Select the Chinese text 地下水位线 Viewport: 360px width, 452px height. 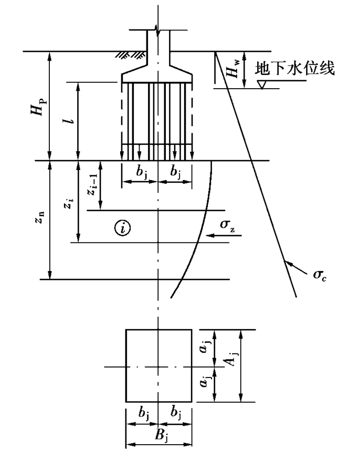point(294,69)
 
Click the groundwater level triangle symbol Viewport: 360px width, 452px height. point(262,85)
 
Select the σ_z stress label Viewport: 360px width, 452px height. point(227,225)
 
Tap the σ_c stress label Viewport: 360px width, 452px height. point(320,275)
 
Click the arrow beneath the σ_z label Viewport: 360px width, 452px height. point(224,236)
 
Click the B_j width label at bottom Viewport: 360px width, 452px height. point(162,436)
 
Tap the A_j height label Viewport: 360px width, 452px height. point(232,358)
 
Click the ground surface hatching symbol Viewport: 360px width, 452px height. point(130,55)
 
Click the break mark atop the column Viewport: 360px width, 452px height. point(157,30)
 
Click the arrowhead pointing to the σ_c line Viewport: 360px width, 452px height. point(289,264)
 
